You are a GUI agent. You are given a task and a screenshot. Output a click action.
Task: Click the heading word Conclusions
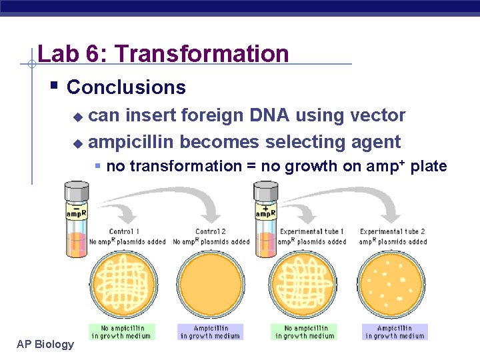pos(126,87)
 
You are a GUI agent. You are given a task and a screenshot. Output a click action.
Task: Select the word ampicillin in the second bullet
pos(131,142)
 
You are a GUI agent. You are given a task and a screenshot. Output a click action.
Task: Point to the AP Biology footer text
pos(45,344)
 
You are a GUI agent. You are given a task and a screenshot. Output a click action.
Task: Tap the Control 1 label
pos(124,231)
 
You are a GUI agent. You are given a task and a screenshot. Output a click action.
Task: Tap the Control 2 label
pos(211,231)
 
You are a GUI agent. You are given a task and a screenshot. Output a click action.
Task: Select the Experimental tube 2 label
pos(393,231)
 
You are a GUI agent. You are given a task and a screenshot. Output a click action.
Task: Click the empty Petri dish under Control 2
pos(210,284)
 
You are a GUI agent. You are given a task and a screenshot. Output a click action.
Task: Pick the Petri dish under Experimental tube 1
pos(305,284)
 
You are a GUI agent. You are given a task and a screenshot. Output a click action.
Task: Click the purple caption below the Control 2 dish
pos(210,331)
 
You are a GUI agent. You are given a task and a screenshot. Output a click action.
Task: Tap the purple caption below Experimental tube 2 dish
pos(395,331)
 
